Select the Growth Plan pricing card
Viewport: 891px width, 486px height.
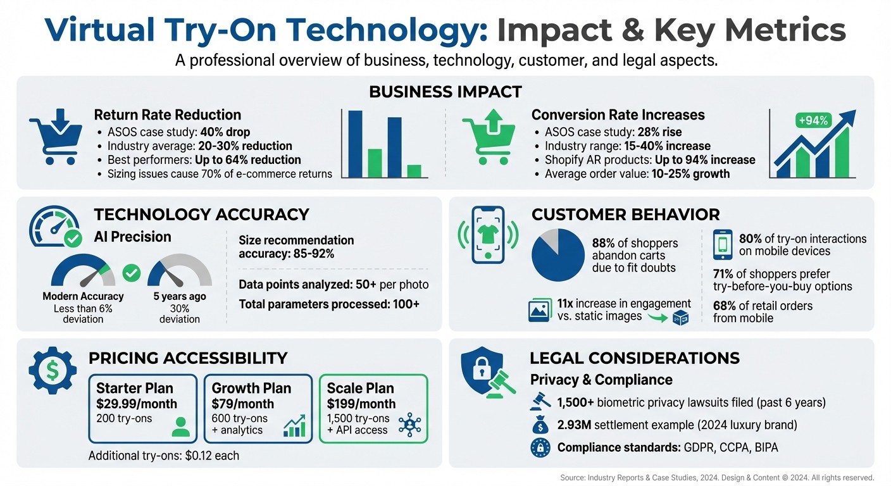coord(258,408)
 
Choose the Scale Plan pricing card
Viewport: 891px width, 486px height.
coord(373,408)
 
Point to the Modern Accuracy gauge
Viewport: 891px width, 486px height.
coord(83,273)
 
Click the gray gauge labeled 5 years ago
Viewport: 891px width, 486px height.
coord(180,273)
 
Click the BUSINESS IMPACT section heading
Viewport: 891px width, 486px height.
coord(445,92)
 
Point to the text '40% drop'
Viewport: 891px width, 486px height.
coord(225,132)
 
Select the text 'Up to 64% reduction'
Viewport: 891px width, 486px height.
coord(249,159)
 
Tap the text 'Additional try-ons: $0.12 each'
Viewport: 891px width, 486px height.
coord(164,456)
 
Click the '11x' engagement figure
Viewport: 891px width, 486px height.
coord(567,303)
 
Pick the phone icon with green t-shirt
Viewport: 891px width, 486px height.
coord(488,235)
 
